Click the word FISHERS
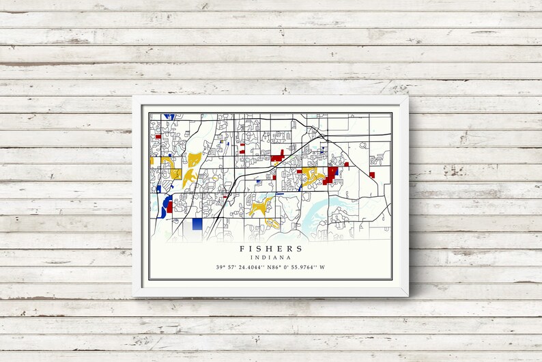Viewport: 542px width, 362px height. (x=271, y=249)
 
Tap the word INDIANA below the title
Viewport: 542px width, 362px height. (x=271, y=257)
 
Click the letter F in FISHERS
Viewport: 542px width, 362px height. (x=242, y=249)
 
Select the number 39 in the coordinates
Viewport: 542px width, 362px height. (x=219, y=267)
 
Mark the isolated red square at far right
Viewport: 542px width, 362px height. (x=372, y=175)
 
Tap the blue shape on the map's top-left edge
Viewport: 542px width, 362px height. (x=169, y=116)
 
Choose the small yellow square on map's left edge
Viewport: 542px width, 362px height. (x=152, y=161)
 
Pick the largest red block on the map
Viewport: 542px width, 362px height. (x=332, y=174)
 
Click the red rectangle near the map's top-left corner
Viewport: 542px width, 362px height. (x=158, y=136)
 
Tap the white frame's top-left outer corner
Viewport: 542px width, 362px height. (x=133, y=96)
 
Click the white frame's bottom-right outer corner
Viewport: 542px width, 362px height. (x=409, y=296)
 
